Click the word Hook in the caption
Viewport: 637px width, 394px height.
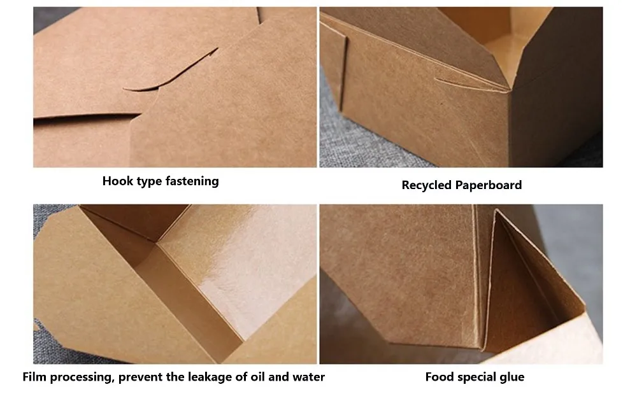pos(117,181)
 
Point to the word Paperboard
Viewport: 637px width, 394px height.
pos(489,185)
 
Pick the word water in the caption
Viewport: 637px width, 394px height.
pos(308,377)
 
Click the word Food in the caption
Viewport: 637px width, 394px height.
pos(439,377)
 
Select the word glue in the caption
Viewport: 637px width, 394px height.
pos(512,377)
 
